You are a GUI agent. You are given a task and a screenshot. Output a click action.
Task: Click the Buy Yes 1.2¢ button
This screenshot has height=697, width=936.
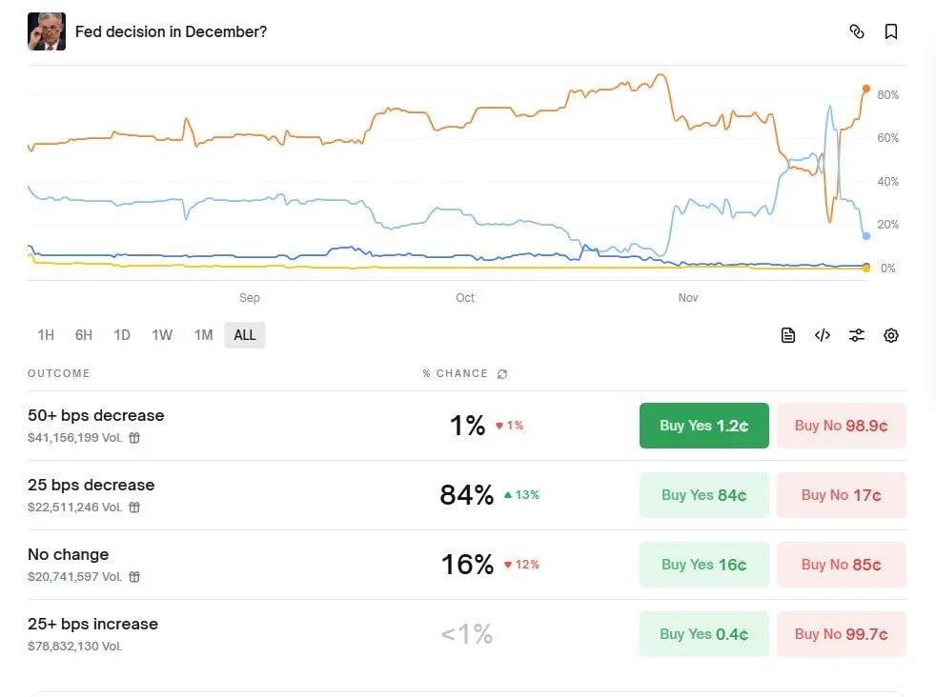[703, 426]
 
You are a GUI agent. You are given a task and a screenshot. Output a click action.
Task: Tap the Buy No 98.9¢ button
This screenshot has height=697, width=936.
[841, 426]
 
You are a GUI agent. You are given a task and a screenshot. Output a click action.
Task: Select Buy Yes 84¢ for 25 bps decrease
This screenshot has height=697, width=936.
[703, 495]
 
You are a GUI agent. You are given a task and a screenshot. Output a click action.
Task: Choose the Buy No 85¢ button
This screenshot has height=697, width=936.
[841, 565]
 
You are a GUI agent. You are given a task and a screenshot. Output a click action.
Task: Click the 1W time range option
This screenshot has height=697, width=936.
[162, 335]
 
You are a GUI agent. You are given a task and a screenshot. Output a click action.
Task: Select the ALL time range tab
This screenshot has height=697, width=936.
[245, 335]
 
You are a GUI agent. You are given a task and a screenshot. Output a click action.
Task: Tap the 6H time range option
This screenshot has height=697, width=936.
[84, 335]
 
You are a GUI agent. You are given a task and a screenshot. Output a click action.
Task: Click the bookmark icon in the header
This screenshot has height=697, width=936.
[891, 31]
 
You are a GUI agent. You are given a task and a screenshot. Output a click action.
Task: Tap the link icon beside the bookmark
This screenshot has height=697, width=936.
[856, 31]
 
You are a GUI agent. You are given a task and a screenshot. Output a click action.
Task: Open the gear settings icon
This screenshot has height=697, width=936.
[891, 335]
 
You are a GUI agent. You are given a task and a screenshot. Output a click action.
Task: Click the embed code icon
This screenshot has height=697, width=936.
[823, 335]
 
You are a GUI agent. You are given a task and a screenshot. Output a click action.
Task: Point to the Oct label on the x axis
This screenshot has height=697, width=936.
[464, 298]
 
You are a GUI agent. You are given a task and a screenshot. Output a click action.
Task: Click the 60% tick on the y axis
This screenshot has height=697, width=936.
[887, 138]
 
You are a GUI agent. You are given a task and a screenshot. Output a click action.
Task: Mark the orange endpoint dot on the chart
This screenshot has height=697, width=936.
[866, 89]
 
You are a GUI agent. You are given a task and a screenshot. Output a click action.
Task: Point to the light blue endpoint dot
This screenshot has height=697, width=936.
[865, 235]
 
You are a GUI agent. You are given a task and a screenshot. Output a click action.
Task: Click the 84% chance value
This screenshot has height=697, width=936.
[467, 495]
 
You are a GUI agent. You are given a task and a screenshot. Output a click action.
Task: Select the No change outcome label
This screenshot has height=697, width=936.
[69, 554]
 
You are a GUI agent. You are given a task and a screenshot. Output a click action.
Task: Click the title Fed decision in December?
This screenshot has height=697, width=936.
[171, 31]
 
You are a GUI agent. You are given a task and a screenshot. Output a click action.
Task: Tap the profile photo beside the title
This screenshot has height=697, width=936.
[47, 31]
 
